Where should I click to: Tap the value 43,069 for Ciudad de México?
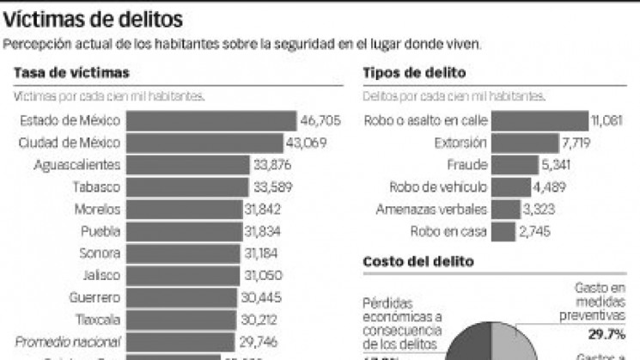(306, 142)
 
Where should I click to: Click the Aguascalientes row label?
(76, 164)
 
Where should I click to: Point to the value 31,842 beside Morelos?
(264, 209)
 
